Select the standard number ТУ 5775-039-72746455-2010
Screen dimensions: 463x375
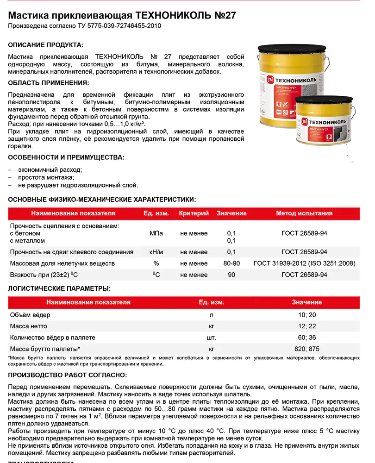tap(118, 26)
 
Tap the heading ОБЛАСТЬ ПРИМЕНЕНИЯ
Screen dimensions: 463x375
tap(49, 83)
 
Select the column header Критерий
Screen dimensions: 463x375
tap(194, 213)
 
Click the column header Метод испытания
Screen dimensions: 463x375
tap(304, 213)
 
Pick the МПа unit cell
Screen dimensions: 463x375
tap(156, 233)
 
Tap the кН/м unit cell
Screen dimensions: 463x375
tap(156, 252)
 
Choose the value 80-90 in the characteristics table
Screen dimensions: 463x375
tap(231, 263)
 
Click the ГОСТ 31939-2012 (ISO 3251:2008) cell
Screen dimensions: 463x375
tap(304, 263)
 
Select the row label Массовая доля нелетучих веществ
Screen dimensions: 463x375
tap(62, 263)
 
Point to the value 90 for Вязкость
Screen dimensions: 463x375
tap(231, 275)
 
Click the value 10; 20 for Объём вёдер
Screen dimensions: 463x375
tap(306, 315)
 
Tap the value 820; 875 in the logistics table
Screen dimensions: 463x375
tap(306, 349)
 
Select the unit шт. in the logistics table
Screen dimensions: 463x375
tap(211, 338)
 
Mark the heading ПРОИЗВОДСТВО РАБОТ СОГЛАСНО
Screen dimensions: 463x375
tap(67, 375)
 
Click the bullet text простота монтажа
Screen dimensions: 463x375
tap(46, 177)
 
